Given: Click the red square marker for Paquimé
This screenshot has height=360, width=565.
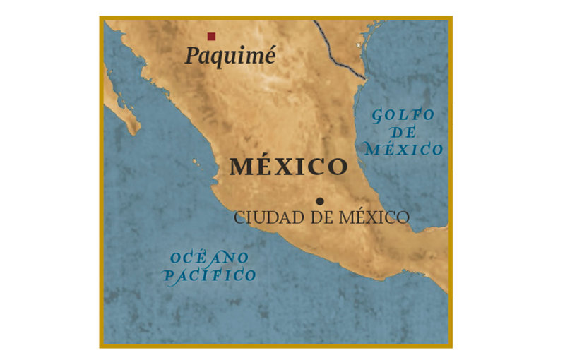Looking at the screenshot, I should point(210,36).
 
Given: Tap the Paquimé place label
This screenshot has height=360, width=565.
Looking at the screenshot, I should point(230,56).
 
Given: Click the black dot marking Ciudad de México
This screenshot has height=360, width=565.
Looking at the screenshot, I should point(320,201).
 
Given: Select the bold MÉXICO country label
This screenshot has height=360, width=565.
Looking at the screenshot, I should point(289,167).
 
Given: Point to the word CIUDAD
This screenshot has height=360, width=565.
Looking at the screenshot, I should point(259,217).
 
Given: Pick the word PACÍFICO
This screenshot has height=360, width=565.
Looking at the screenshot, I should point(210,275).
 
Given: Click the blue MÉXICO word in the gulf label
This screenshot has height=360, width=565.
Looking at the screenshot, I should point(403,149).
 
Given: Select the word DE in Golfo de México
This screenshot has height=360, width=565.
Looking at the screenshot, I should point(404,132).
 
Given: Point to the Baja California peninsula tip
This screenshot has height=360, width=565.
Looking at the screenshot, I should point(134,128).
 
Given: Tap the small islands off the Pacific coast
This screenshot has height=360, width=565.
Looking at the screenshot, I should point(196,162).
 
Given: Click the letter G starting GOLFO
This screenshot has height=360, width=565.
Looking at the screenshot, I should point(379,116).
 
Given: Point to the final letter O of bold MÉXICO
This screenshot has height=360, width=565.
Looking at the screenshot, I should point(338,168).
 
